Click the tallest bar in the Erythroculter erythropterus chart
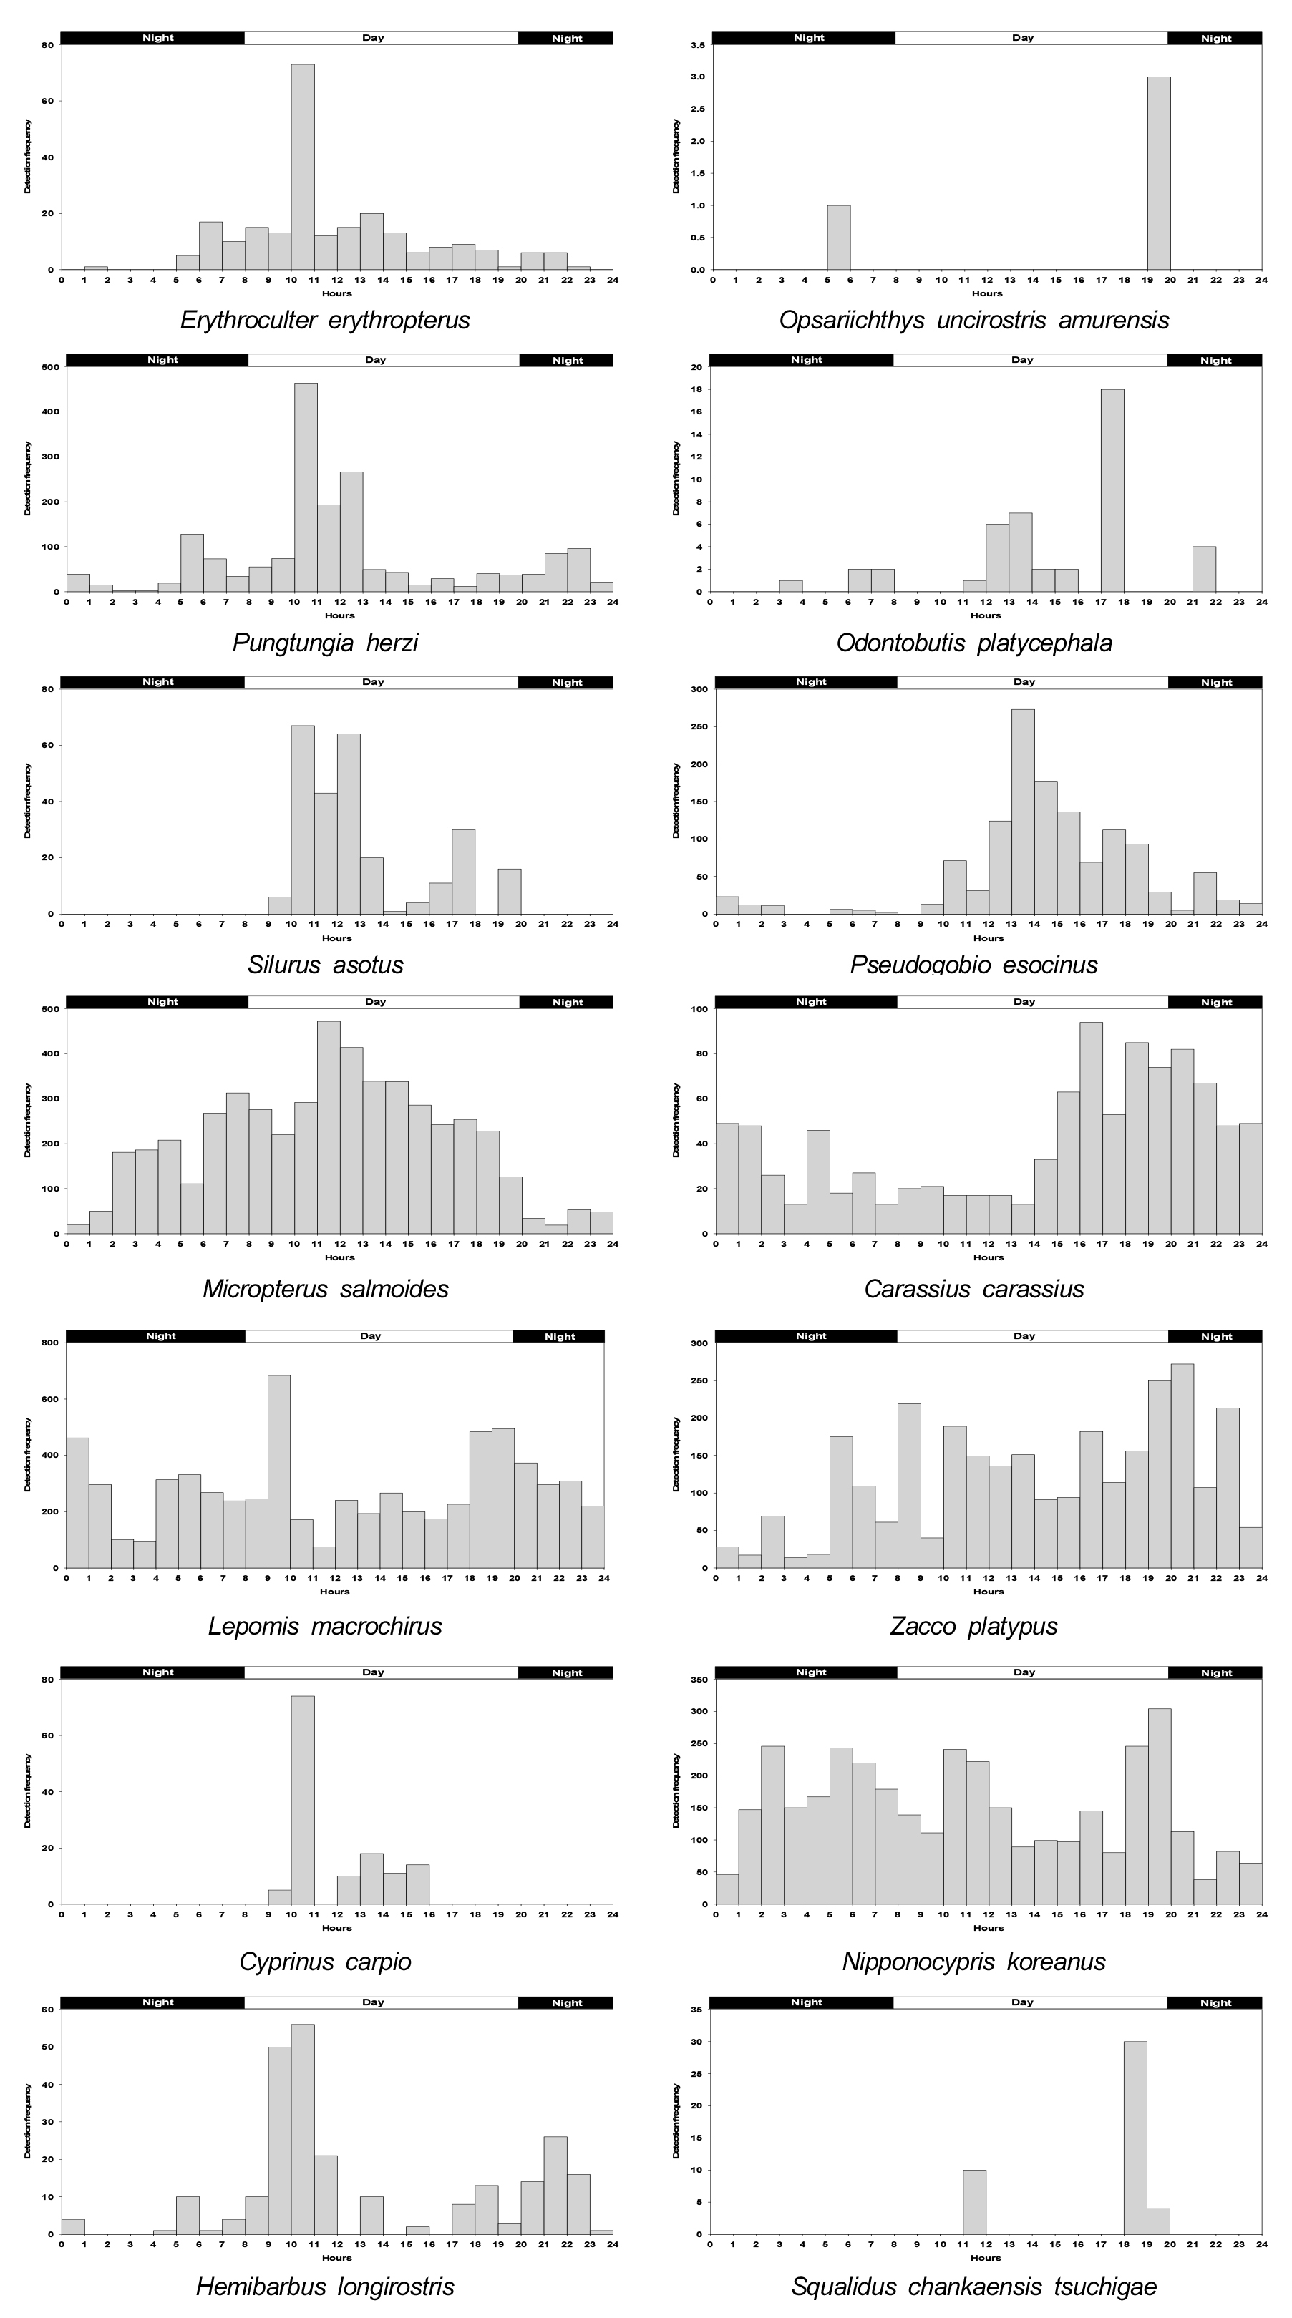[x=303, y=167]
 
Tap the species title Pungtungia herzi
[x=325, y=643]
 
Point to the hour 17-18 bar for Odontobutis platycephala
[x=1112, y=490]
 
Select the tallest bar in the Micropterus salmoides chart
[x=329, y=1127]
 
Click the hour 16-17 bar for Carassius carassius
[x=1090, y=1127]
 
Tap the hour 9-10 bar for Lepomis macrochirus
[x=279, y=1471]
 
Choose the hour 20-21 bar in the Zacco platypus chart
[x=1182, y=1466]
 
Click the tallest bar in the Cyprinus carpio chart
[x=303, y=1800]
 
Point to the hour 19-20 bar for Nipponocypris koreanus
[x=1159, y=1806]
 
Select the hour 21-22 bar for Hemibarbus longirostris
[x=555, y=2185]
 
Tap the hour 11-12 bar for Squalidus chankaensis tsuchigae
[x=974, y=2202]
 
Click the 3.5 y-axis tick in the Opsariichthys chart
[x=697, y=45]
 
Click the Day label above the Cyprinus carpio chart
[x=372, y=1672]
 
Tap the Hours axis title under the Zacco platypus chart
[x=988, y=1592]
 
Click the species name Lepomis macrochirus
[x=325, y=1626]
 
